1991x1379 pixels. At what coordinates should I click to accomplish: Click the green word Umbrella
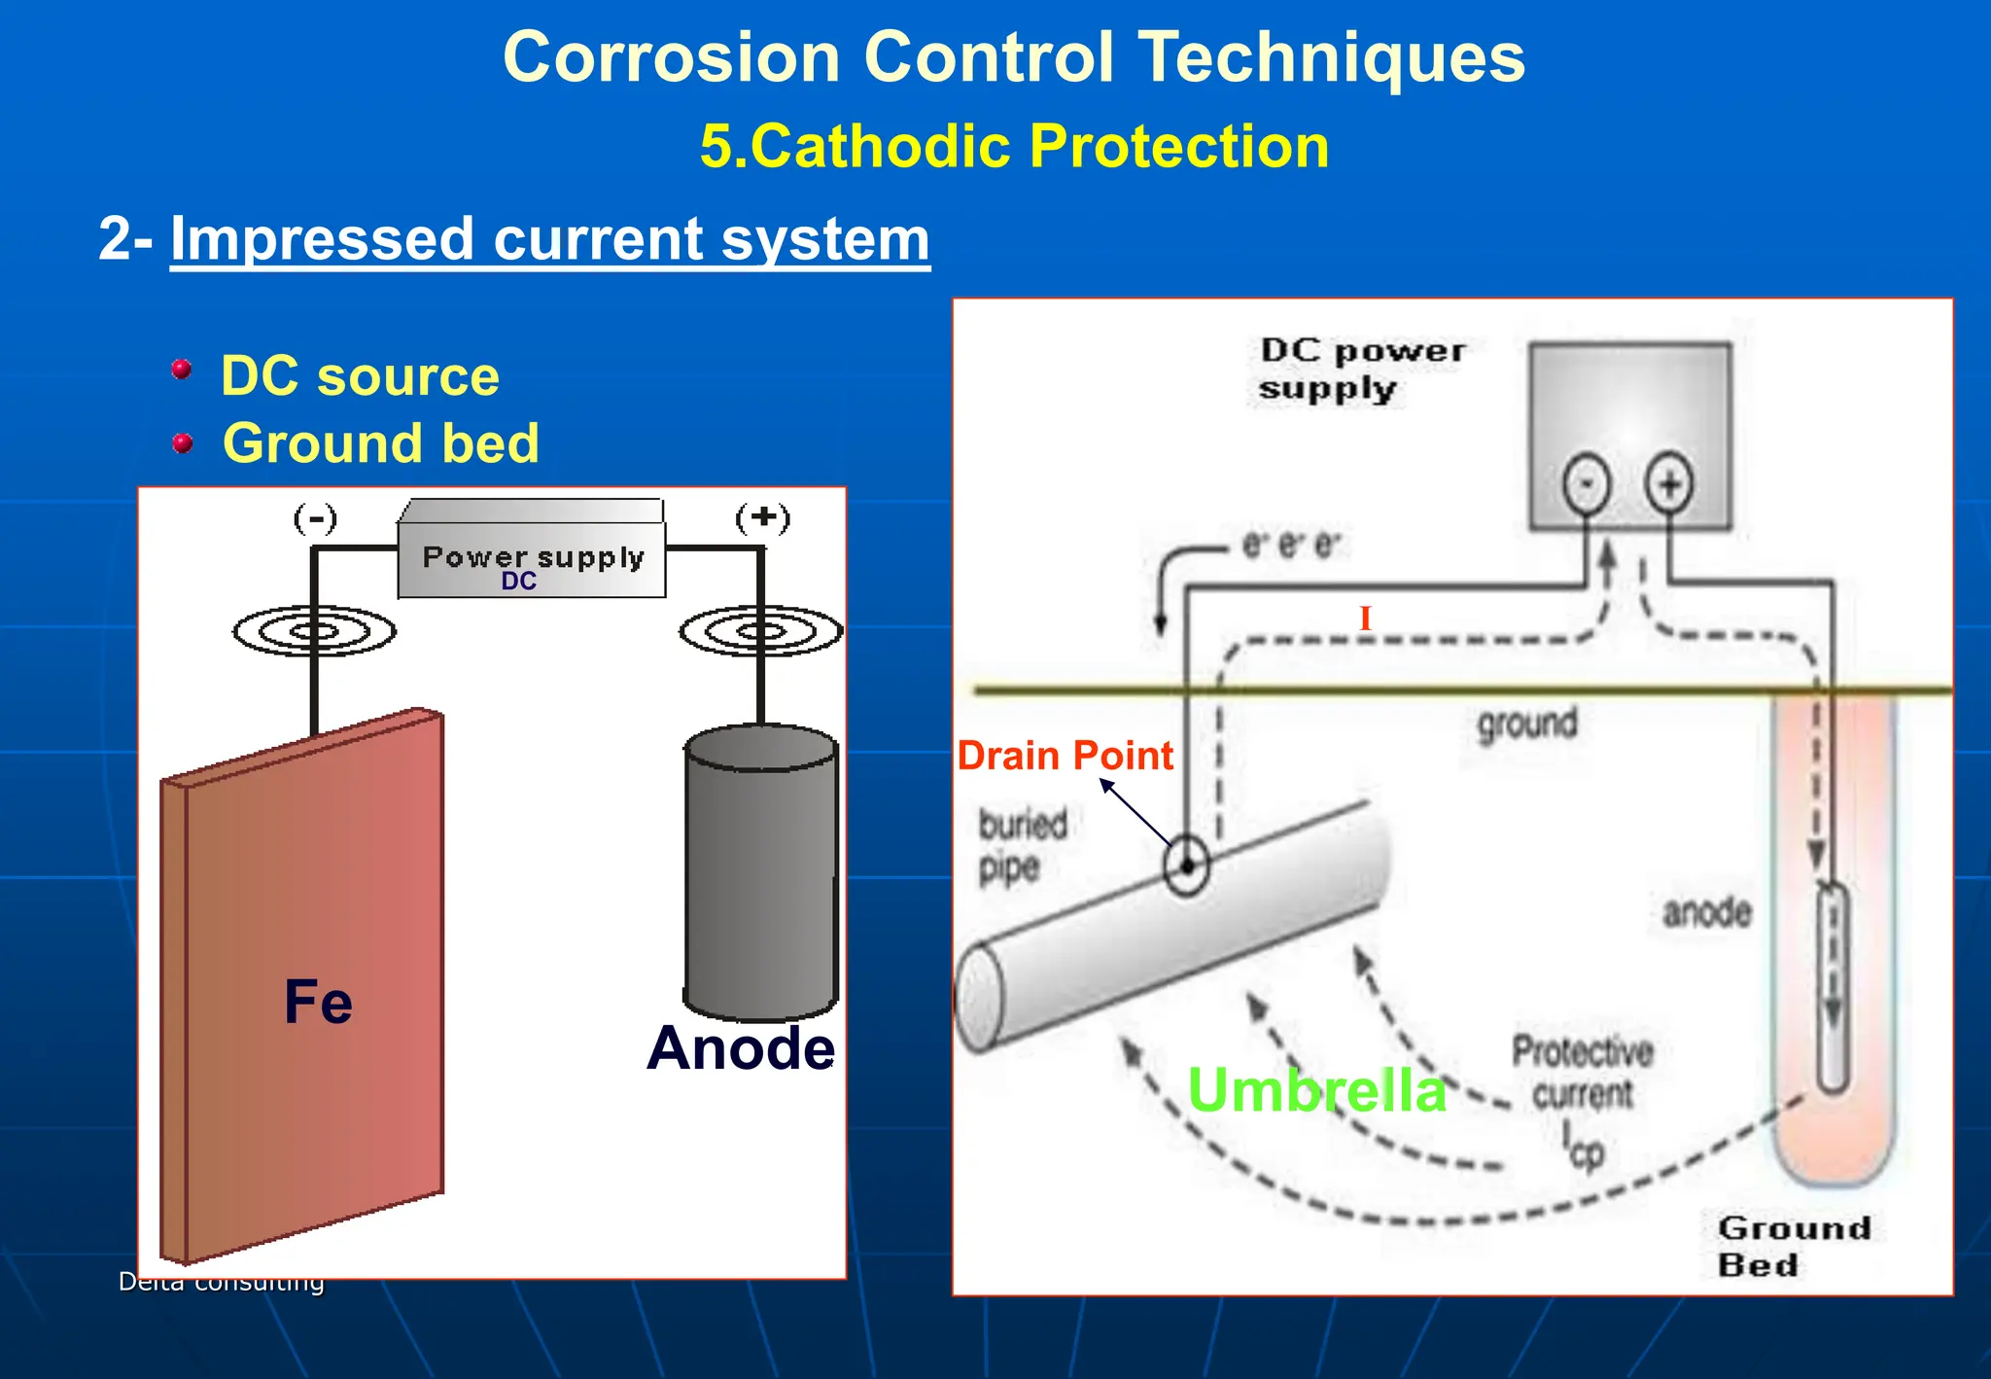(1316, 1090)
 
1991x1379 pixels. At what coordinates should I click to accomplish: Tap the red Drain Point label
(1065, 756)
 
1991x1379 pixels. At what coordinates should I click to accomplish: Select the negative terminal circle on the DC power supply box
(1586, 483)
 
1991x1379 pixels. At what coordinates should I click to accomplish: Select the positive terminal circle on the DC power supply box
(1669, 483)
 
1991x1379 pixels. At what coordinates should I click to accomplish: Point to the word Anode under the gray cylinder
(741, 1048)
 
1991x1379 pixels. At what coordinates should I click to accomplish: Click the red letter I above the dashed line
(1365, 619)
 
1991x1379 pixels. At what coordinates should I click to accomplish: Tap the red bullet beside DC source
(182, 370)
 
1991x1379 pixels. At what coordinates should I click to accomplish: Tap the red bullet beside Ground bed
(182, 443)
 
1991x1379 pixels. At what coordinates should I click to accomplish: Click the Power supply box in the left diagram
(532, 559)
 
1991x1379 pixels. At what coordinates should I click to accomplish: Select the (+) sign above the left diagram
(763, 517)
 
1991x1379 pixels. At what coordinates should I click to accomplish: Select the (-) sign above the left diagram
(315, 517)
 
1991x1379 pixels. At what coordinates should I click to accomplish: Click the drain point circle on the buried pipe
(1186, 865)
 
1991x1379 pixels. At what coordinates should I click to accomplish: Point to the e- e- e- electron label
(1291, 546)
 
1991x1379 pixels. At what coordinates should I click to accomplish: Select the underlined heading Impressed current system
(549, 238)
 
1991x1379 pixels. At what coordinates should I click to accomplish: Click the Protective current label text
(1582, 1074)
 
